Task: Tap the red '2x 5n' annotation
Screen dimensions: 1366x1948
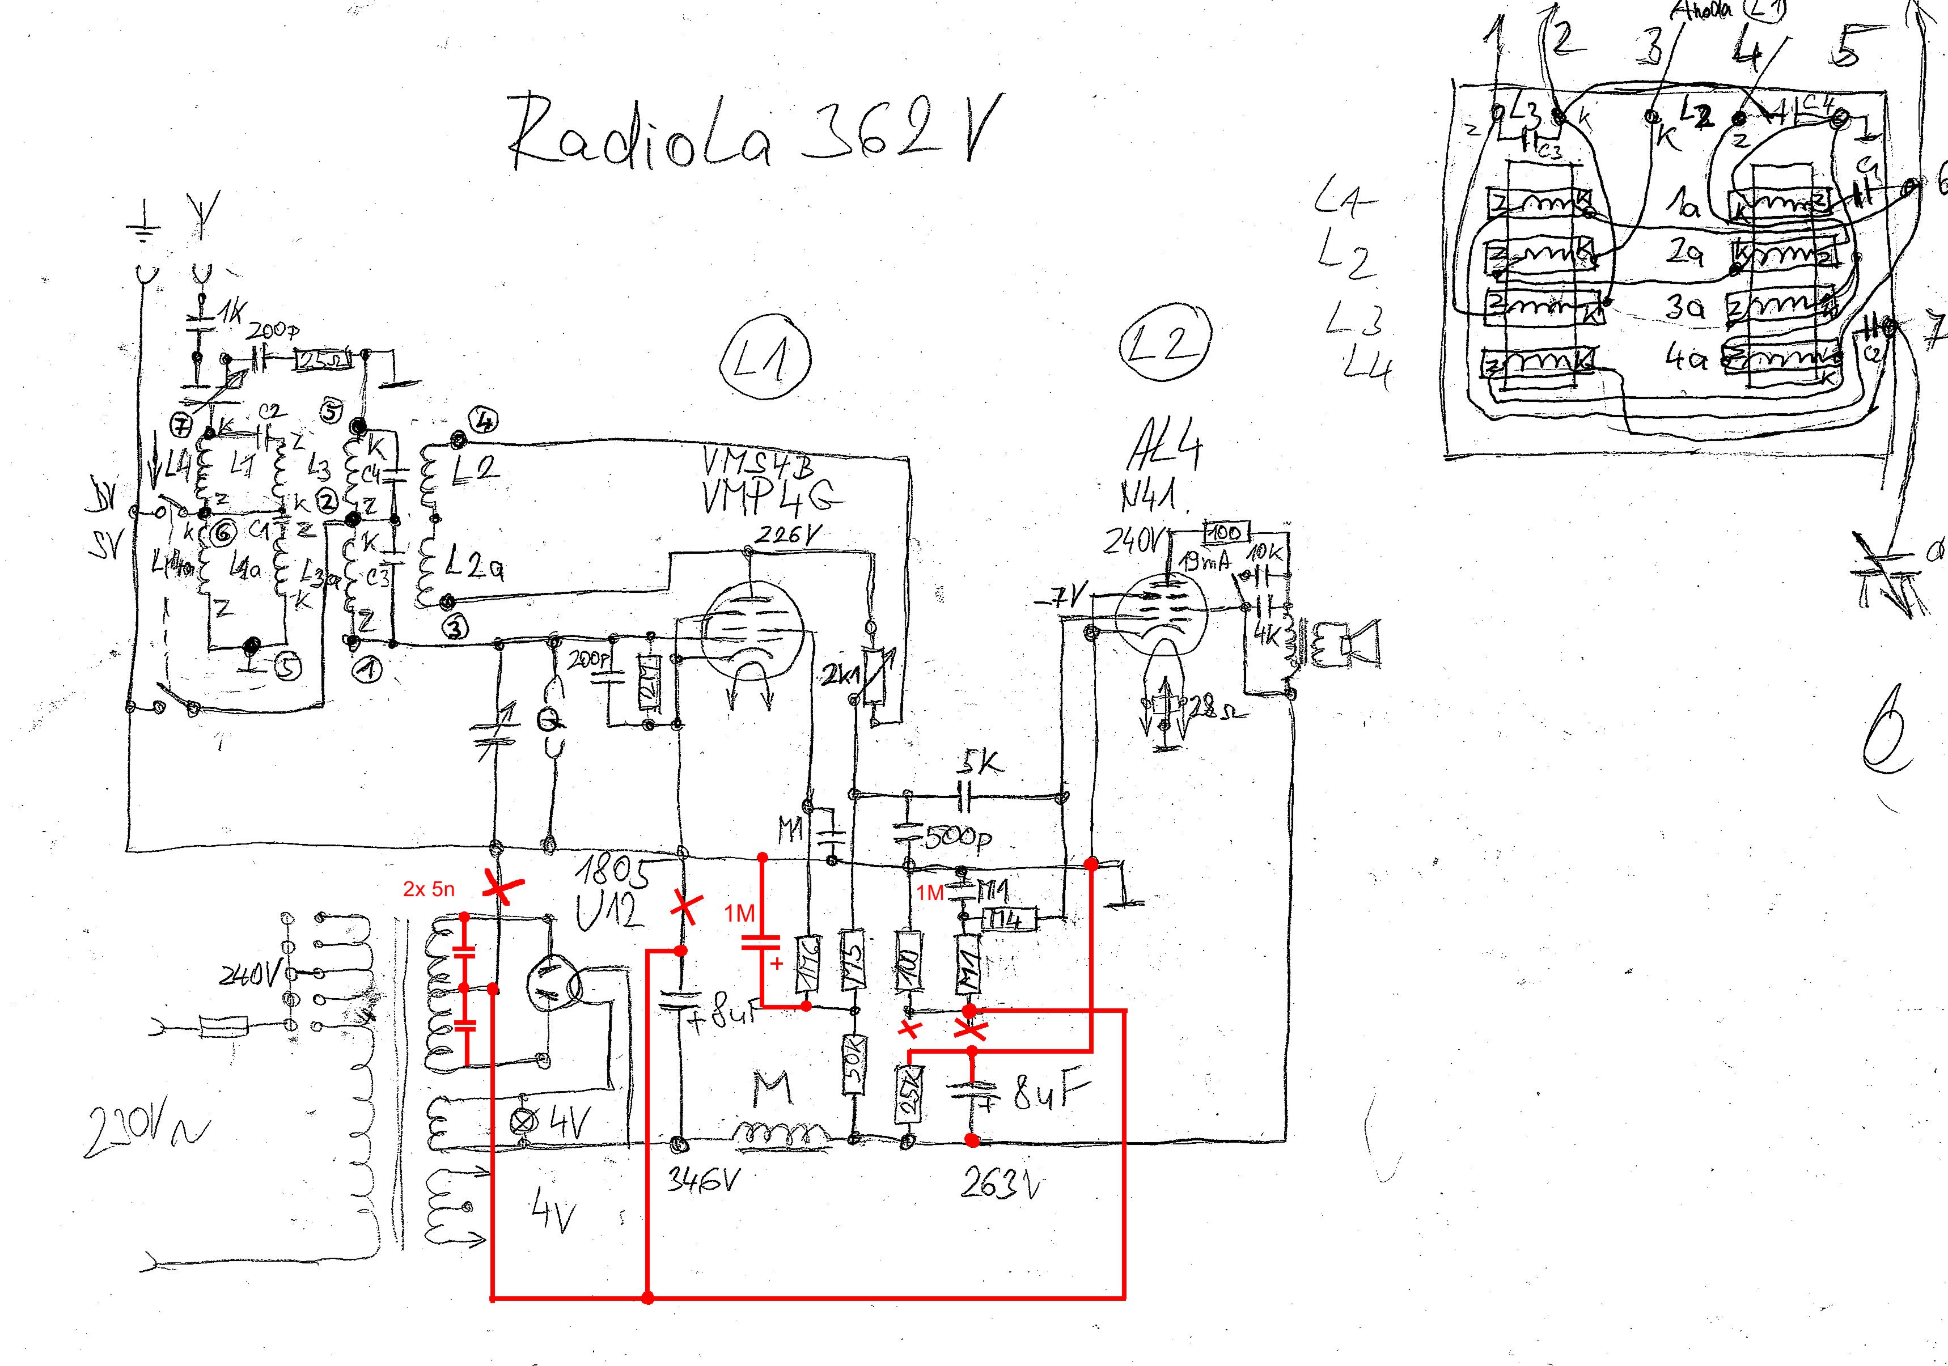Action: (x=429, y=889)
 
